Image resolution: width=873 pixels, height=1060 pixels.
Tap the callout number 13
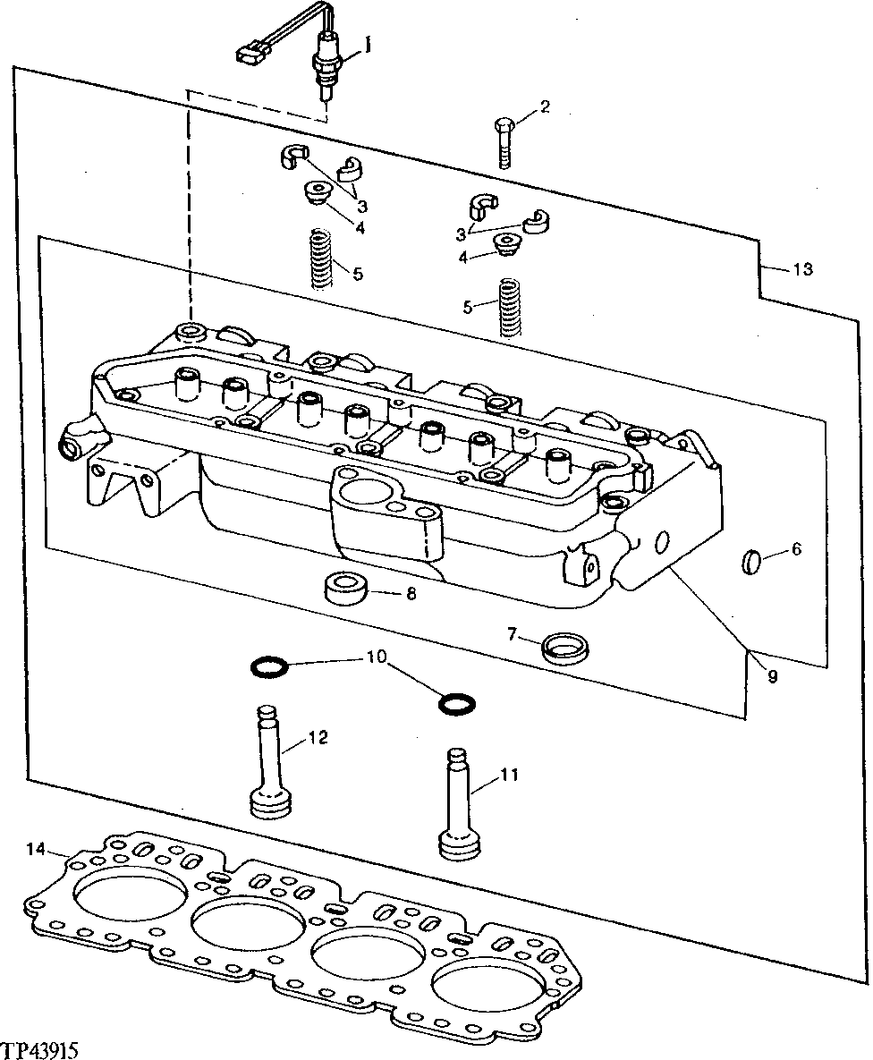(x=802, y=269)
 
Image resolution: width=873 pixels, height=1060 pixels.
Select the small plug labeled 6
(x=752, y=562)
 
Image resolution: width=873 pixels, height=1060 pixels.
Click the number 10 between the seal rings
(x=376, y=658)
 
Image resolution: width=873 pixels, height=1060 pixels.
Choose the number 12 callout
(x=318, y=738)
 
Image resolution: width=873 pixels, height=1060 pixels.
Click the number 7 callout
(x=513, y=634)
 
